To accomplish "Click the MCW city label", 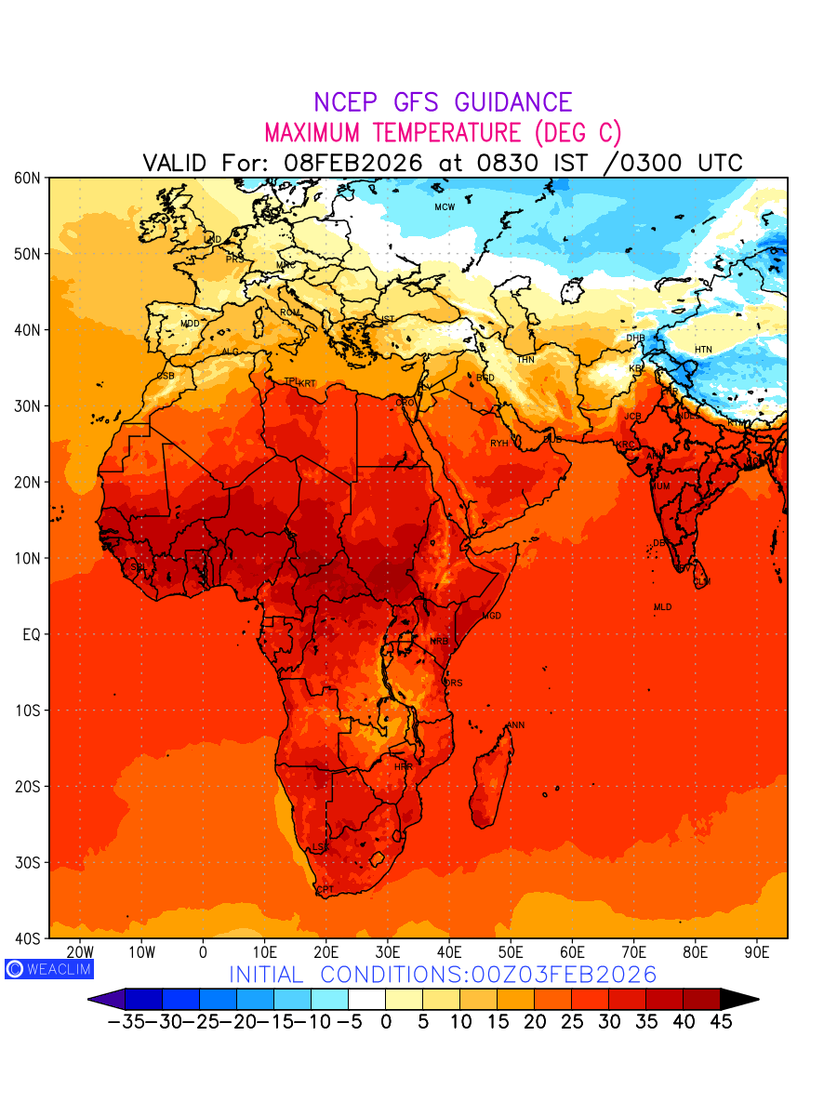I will pyautogui.click(x=445, y=207).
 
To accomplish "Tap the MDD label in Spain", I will pyautogui.click(x=190, y=324).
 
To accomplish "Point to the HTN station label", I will pyautogui.click(x=703, y=350).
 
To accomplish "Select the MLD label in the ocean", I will pyautogui.click(x=662, y=607).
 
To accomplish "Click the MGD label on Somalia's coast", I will pyautogui.click(x=491, y=617).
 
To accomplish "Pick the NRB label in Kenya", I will pyautogui.click(x=439, y=642).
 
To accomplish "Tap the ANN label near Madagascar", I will pyautogui.click(x=515, y=725).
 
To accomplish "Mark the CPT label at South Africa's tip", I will pyautogui.click(x=325, y=890).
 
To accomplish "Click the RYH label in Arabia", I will pyautogui.click(x=499, y=444).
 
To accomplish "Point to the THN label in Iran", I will pyautogui.click(x=525, y=360).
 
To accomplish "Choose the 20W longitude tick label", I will pyautogui.click(x=81, y=952).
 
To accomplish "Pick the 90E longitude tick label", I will pyautogui.click(x=757, y=952).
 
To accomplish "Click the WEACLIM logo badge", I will pyautogui.click(x=48, y=968).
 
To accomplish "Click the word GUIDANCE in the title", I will pyautogui.click(x=506, y=103).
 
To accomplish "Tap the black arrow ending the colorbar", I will pyautogui.click(x=739, y=999).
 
